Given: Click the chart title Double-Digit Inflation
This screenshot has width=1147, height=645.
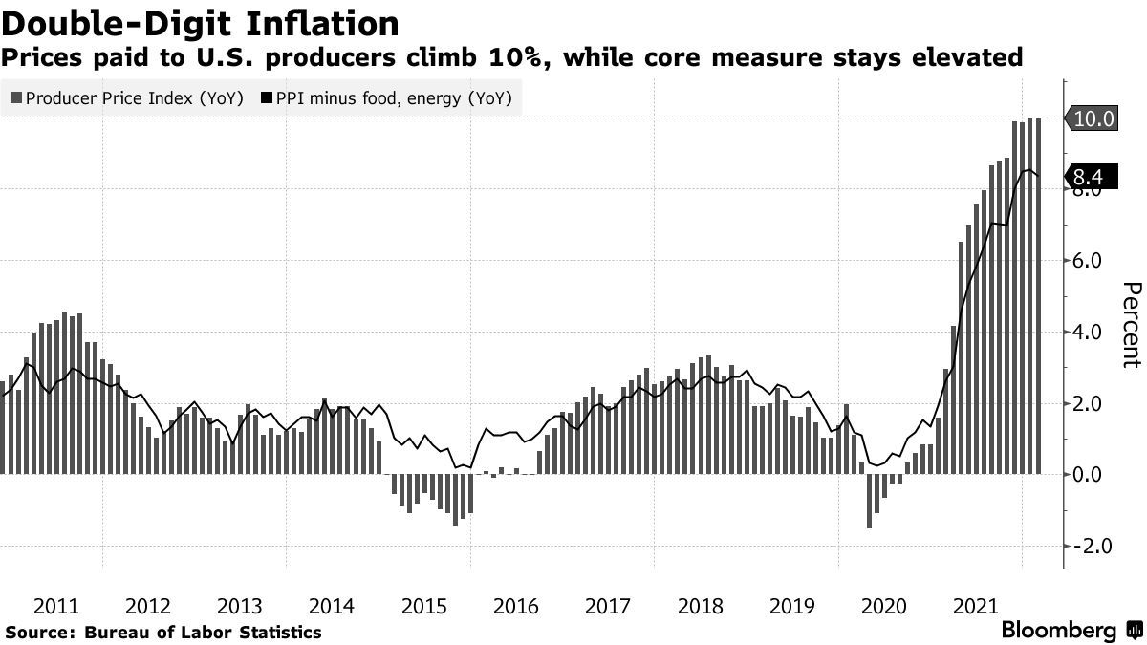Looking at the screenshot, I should (200, 22).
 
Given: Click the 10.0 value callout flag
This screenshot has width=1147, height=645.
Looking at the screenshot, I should (1093, 118).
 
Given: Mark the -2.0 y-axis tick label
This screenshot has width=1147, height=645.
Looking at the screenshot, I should (1091, 546).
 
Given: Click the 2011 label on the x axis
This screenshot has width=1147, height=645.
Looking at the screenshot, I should (56, 606).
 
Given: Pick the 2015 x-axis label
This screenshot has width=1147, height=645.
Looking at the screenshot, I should (423, 606).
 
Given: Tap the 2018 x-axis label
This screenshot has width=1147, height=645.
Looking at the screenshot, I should (699, 606).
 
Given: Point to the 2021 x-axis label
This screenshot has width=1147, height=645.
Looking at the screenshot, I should (974, 606).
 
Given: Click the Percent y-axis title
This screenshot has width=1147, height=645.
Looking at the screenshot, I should (1131, 325).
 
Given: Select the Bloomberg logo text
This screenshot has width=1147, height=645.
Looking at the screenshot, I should (1059, 631).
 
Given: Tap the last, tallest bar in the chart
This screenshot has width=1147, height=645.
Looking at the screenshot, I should (1039, 295).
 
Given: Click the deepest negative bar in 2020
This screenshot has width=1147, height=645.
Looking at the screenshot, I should (869, 501).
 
